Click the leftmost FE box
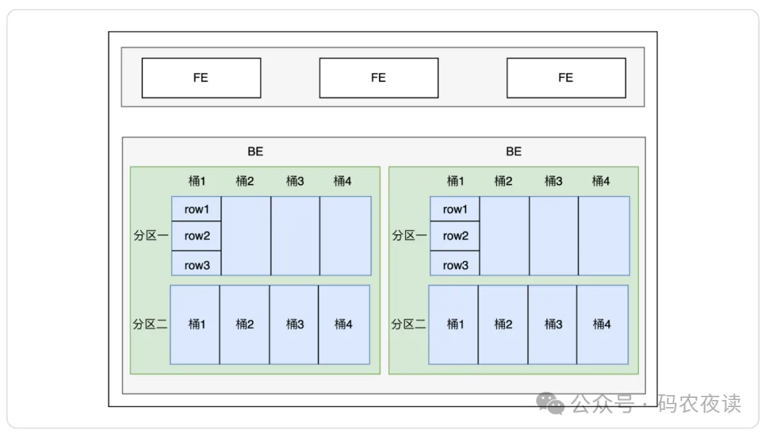[201, 78]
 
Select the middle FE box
[378, 78]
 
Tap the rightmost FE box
[566, 78]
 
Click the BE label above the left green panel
[255, 152]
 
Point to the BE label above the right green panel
[514, 152]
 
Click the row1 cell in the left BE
[197, 209]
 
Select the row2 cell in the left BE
[197, 236]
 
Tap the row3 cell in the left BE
[197, 265]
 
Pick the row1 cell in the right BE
[455, 209]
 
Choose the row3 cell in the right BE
[455, 265]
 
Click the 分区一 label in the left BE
[150, 236]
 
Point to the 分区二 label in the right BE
[409, 324]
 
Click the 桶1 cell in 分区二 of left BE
[196, 324]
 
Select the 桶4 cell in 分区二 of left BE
[344, 324]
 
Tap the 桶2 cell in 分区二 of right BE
[503, 324]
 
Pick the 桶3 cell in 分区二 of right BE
[553, 324]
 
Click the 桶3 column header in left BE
[295, 181]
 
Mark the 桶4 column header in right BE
[601, 181]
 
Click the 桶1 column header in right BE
[455, 181]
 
